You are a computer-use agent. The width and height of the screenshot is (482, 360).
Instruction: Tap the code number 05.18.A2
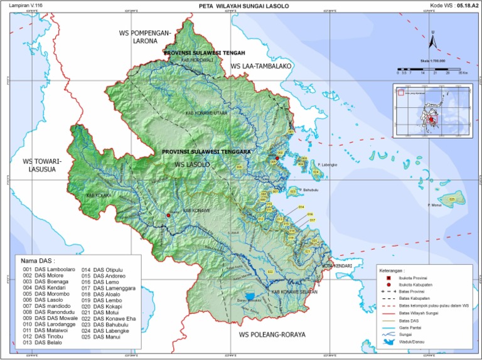(465, 5)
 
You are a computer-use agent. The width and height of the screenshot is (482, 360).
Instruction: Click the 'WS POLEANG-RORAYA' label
(272, 335)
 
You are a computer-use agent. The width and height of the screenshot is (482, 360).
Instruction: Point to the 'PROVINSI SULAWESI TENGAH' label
(203, 53)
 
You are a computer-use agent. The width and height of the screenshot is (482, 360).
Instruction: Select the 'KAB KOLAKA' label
(99, 195)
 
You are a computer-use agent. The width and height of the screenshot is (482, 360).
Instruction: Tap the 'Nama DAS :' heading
(38, 260)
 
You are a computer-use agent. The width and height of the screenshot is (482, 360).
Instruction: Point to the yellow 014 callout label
(301, 206)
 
